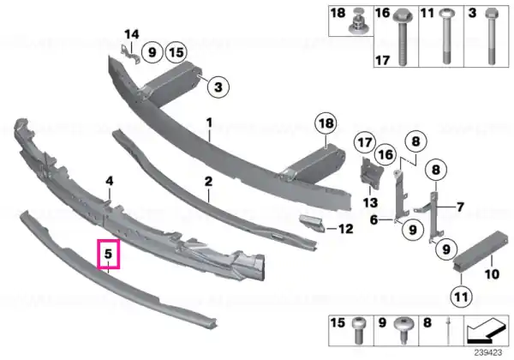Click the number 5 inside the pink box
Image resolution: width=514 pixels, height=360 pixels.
pyautogui.click(x=109, y=254)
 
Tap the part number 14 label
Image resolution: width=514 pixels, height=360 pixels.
pyautogui.click(x=131, y=34)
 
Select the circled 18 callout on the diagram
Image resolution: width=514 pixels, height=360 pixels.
pyautogui.click(x=326, y=123)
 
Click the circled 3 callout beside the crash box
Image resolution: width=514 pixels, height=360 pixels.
pyautogui.click(x=218, y=87)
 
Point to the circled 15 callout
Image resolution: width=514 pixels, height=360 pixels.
pyautogui.click(x=176, y=52)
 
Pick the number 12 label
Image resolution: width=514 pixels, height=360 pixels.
pyautogui.click(x=345, y=229)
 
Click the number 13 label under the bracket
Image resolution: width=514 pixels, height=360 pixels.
pyautogui.click(x=370, y=202)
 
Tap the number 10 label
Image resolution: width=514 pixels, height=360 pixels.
pyautogui.click(x=492, y=273)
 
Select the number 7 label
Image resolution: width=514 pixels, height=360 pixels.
pyautogui.click(x=461, y=207)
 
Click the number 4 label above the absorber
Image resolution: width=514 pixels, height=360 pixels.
pyautogui.click(x=110, y=181)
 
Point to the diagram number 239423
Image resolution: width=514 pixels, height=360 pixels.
pyautogui.click(x=487, y=352)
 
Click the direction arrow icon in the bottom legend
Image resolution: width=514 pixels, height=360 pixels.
pyautogui.click(x=486, y=331)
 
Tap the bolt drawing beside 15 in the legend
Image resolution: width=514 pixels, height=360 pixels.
pyautogui.click(x=358, y=331)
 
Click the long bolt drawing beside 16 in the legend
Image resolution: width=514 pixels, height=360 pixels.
pyautogui.click(x=403, y=37)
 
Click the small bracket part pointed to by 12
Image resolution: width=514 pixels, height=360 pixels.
pyautogui.click(x=312, y=223)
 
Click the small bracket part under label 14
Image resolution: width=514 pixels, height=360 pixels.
pyautogui.click(x=129, y=54)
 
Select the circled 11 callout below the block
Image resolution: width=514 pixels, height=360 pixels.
pyautogui.click(x=461, y=297)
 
